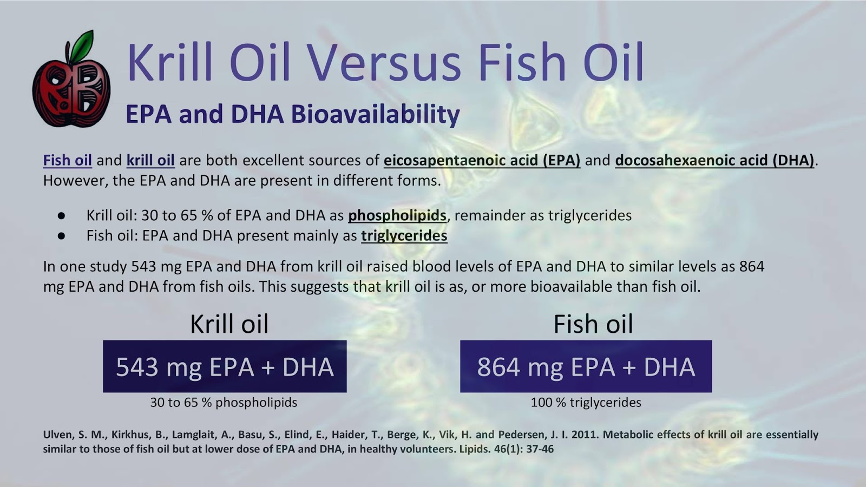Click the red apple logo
pos(71,89)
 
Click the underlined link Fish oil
pos(67,160)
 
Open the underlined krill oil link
pos(150,160)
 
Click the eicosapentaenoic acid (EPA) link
pos(482,160)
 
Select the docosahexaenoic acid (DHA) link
pos(714,160)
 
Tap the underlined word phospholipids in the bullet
pos(397,215)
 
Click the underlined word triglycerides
pos(404,236)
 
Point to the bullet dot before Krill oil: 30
pos(61,216)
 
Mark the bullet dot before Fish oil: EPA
pos(61,236)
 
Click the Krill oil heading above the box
pos(229,324)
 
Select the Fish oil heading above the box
pos(593,324)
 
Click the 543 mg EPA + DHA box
pos(225,366)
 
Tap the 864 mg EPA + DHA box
pos(586,366)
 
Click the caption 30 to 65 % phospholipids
pos(224,403)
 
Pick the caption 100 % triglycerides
pos(586,403)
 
